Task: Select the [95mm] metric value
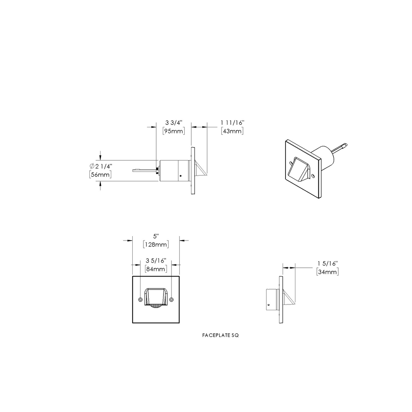tap(174, 131)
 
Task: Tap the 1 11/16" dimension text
tap(232, 123)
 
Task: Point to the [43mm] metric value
tap(232, 131)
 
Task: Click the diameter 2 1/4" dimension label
tap(101, 166)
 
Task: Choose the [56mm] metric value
tap(101, 174)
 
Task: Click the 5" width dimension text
tap(156, 236)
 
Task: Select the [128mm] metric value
tap(156, 245)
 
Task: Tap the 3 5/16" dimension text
tap(156, 261)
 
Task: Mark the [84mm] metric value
tap(156, 269)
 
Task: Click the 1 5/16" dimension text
tap(328, 263)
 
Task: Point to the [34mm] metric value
tap(328, 272)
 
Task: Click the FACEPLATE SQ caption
tap(220, 335)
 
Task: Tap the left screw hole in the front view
tap(141, 299)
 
